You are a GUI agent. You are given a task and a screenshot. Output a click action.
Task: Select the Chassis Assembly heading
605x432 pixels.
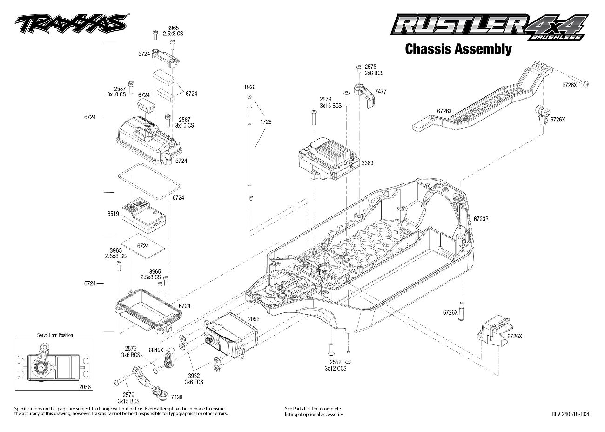point(458,49)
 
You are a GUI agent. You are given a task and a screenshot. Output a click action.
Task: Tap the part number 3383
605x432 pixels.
point(367,163)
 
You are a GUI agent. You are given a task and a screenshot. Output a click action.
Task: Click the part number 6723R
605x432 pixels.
point(481,218)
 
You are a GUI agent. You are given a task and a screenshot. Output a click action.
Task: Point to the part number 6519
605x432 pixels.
point(113,214)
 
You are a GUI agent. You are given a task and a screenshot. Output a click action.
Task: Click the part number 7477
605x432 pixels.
point(380,92)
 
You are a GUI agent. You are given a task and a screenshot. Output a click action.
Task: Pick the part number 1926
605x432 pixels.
point(249,87)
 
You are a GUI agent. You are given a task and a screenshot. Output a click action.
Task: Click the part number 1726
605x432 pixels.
point(266,122)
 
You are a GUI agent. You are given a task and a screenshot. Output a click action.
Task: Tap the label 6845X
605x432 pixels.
point(155,350)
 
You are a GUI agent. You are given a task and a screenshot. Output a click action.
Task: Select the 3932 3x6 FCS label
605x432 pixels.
point(194,378)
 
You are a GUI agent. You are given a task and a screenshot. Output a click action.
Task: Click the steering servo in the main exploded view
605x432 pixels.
point(231,335)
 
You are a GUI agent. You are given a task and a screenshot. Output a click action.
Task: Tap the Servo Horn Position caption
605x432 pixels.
point(55,335)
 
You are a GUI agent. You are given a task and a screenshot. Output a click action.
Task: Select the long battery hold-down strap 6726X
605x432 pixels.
point(484,100)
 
